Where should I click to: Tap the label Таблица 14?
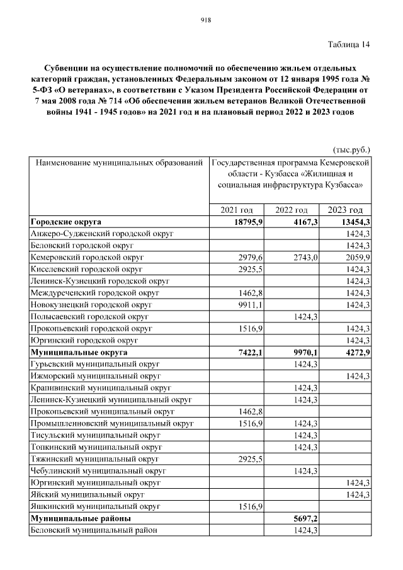[349, 44]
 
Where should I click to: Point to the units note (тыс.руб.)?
[351, 150]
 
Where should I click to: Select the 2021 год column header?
[236, 210]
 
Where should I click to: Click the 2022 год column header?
[292, 210]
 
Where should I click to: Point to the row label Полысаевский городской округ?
[89, 317]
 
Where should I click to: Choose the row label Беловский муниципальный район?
[93, 530]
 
